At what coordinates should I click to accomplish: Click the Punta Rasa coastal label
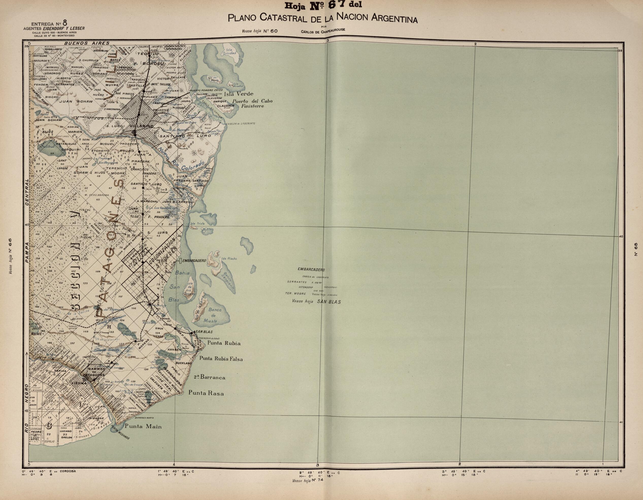pyautogui.click(x=206, y=393)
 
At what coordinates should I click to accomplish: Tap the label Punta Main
pyautogui.click(x=143, y=427)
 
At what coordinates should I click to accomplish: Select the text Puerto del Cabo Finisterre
pyautogui.click(x=252, y=103)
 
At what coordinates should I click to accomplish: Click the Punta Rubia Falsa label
pyautogui.click(x=221, y=359)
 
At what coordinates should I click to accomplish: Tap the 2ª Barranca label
pyautogui.click(x=209, y=377)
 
